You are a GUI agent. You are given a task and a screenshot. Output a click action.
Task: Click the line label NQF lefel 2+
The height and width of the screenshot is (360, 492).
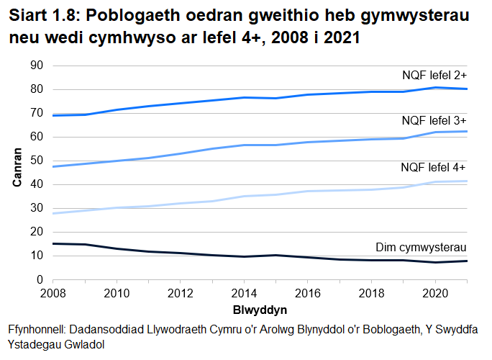pos(434,74)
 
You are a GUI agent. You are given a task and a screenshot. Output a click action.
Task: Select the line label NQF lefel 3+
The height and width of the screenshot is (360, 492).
pos(434,120)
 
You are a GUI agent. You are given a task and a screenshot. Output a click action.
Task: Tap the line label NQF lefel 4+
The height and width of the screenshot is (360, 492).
pos(434,168)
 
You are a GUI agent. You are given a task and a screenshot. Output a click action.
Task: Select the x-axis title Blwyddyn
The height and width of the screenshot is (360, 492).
pos(260,310)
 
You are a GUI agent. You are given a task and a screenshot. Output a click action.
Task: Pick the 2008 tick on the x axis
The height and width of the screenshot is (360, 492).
pos(54,294)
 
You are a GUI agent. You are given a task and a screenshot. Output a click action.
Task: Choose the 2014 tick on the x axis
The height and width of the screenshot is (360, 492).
pos(245,294)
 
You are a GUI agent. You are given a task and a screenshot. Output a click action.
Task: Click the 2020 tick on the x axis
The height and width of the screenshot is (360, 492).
pos(434,294)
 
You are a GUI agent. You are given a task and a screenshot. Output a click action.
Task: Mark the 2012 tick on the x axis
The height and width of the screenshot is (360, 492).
pos(181,294)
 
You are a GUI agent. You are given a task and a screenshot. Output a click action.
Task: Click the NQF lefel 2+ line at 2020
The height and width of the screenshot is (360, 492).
pos(434,87)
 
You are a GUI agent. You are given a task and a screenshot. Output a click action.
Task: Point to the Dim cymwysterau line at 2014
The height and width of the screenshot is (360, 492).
pos(245,256)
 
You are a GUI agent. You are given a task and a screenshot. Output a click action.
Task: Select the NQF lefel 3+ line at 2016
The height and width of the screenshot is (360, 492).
pos(308,142)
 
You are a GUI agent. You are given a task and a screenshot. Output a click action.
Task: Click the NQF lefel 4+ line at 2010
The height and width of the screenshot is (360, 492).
pos(118,207)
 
